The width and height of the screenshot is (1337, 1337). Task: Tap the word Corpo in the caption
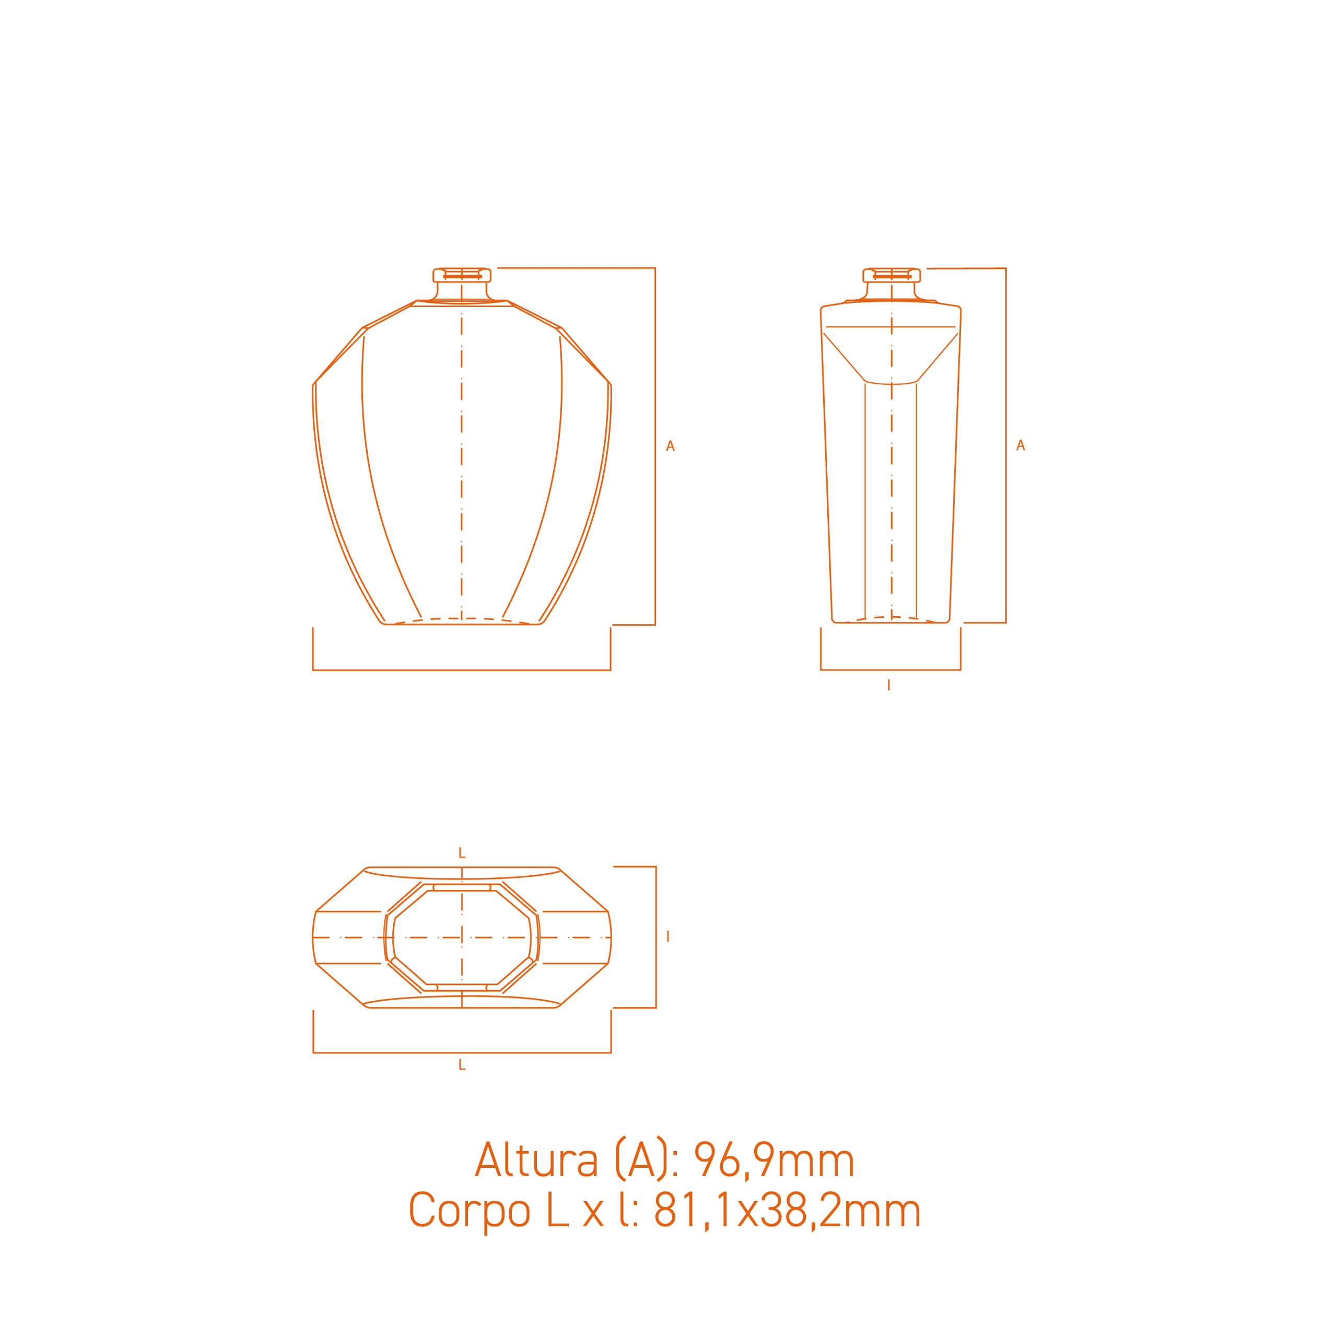469,1211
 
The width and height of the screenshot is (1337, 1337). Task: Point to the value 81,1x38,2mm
787,1211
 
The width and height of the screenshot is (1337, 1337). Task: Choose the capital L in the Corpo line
557,1211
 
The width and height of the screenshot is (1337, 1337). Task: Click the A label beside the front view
670,447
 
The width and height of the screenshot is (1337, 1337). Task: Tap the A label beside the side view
1020,445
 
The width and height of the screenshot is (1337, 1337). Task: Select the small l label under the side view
888,685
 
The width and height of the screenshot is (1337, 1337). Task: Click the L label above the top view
462,854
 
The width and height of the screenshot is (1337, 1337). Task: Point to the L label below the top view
462,1066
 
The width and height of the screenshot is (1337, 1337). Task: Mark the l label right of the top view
668,936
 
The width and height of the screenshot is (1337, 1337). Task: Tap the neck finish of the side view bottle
892,275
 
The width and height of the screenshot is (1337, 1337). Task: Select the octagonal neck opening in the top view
462,937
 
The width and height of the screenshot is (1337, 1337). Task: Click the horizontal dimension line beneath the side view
890,669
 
